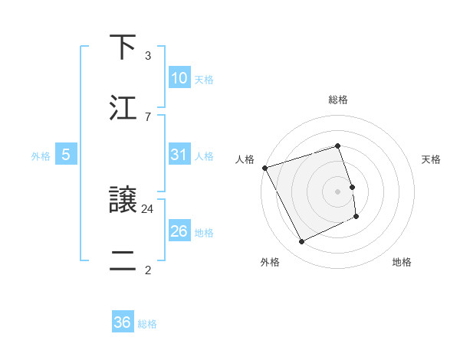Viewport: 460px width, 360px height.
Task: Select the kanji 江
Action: coord(123,108)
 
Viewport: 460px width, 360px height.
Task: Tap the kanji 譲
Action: coord(123,200)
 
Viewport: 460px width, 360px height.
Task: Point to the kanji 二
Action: coord(123,260)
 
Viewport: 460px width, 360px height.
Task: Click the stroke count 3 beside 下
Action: coord(147,56)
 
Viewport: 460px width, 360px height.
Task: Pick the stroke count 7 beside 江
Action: coord(147,116)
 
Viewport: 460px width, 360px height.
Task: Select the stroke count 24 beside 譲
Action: coord(148,208)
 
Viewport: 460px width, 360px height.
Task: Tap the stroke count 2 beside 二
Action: coord(147,270)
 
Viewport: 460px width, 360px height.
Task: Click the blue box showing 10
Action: coord(179,78)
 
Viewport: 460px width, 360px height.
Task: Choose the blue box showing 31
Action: coord(179,155)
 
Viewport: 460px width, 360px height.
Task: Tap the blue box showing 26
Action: coord(179,231)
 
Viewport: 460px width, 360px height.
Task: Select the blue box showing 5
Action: coord(66,155)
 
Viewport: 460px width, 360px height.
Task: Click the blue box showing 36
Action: coord(123,322)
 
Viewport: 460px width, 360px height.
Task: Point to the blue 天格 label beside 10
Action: coord(204,79)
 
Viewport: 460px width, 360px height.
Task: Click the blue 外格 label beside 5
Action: coord(41,155)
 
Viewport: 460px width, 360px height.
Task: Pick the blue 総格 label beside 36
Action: coord(147,323)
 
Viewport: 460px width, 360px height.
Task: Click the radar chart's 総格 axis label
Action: coord(338,100)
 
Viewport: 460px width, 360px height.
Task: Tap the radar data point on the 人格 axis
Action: coord(264,168)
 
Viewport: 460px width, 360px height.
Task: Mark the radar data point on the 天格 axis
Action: coord(352,187)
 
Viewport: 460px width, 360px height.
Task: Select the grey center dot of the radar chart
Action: coord(338,191)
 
